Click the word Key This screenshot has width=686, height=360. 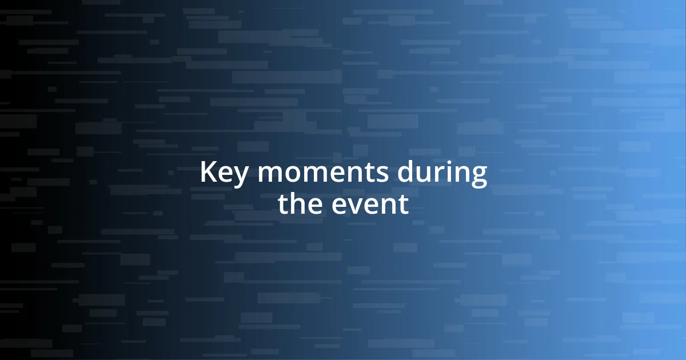click(x=224, y=173)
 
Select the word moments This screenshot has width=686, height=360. click(x=324, y=173)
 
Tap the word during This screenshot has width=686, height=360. click(x=442, y=173)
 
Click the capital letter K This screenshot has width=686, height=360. click(x=208, y=172)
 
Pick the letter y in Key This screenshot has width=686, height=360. click(x=241, y=177)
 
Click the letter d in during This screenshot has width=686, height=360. click(x=406, y=173)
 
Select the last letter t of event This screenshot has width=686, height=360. click(x=404, y=205)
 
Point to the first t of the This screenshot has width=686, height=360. click(x=284, y=205)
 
